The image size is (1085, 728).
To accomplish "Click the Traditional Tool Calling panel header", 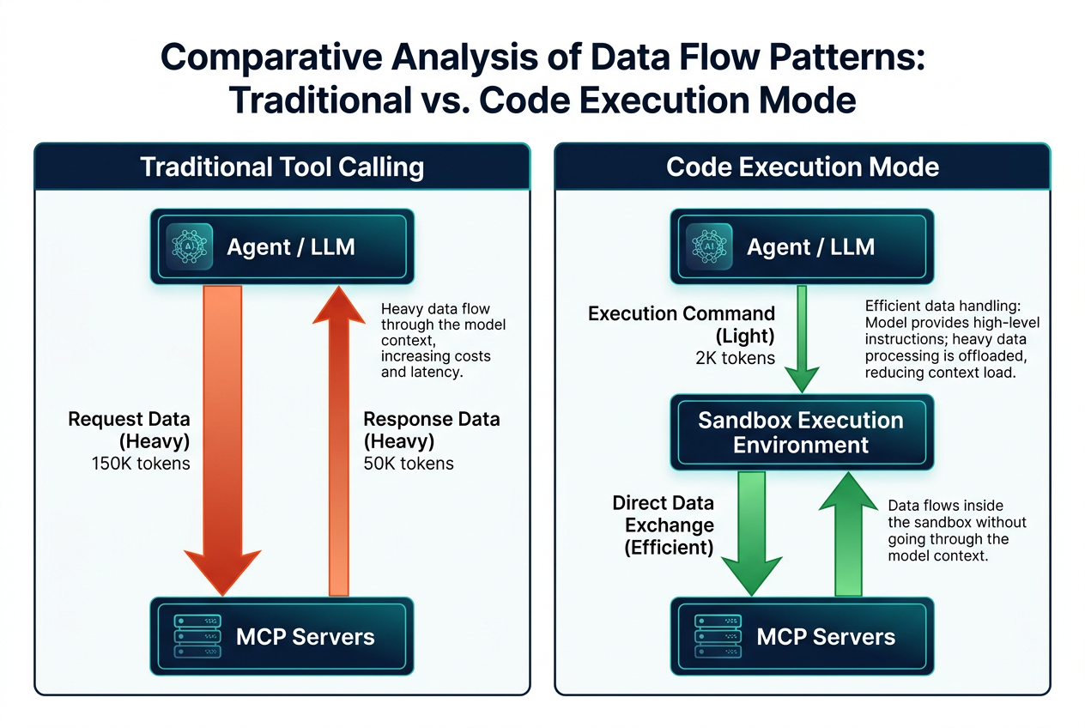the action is (282, 167).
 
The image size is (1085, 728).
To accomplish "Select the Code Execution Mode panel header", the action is (802, 167).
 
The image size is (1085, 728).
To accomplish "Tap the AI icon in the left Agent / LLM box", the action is (190, 246).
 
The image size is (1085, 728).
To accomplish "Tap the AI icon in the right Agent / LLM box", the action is (709, 246).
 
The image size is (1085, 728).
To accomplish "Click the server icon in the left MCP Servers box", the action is (197, 636).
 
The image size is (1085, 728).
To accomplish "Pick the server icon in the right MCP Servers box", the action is (718, 636).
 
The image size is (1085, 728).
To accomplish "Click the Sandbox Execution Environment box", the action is (802, 432).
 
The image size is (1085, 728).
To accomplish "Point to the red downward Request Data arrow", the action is (222, 440).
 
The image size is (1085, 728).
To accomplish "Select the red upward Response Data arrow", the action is (338, 440).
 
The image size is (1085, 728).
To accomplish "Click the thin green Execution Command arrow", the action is (802, 339).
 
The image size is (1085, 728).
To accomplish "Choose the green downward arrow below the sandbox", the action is (752, 533).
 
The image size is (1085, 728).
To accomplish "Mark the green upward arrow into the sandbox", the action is (848, 533).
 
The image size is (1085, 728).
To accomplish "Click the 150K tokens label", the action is (141, 464).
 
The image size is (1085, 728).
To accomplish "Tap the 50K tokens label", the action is (409, 464).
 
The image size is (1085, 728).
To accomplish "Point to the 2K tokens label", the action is (736, 358).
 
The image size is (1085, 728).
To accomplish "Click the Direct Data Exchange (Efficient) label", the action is (664, 525).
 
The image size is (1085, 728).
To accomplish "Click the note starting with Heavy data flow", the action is (443, 340).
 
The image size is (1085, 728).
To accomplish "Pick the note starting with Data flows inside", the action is (956, 531).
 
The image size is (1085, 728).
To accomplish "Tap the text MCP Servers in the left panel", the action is (306, 636).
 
